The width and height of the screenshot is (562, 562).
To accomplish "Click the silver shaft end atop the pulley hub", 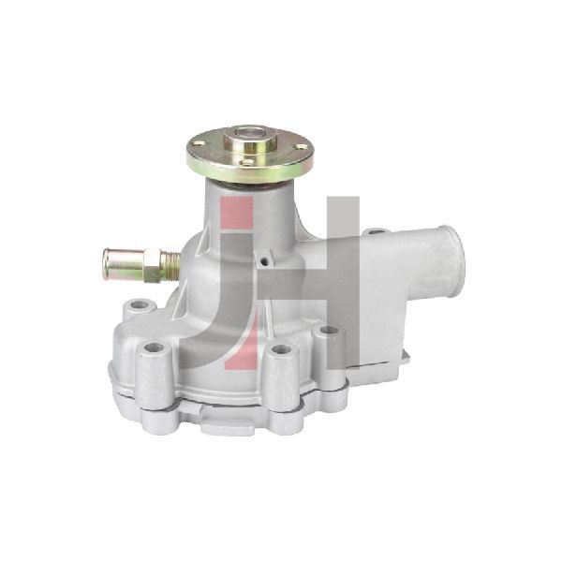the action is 250,133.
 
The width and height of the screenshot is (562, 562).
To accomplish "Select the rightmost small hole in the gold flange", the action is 303,146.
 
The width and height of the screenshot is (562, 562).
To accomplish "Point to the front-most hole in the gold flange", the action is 248,162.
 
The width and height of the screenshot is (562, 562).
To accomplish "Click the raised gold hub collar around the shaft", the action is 250,142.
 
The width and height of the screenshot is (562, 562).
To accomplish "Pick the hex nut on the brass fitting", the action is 155,265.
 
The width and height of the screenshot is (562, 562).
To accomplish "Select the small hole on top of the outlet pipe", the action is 375,232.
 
